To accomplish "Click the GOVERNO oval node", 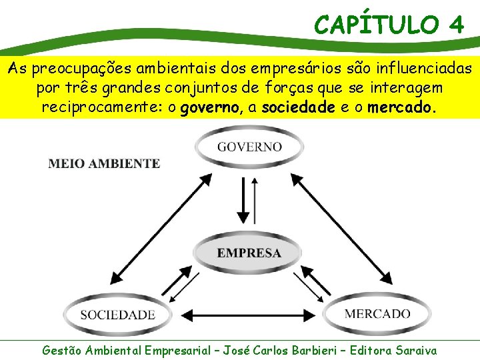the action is click(249, 147).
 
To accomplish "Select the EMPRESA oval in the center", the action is click(249, 253).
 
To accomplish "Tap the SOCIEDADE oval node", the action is click(117, 314).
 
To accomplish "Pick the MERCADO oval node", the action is click(377, 313).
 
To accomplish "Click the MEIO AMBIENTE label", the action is click(104, 163).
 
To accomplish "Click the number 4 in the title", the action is click(456, 25).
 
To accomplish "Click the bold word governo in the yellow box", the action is click(217, 107).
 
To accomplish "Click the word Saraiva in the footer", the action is click(416, 349).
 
